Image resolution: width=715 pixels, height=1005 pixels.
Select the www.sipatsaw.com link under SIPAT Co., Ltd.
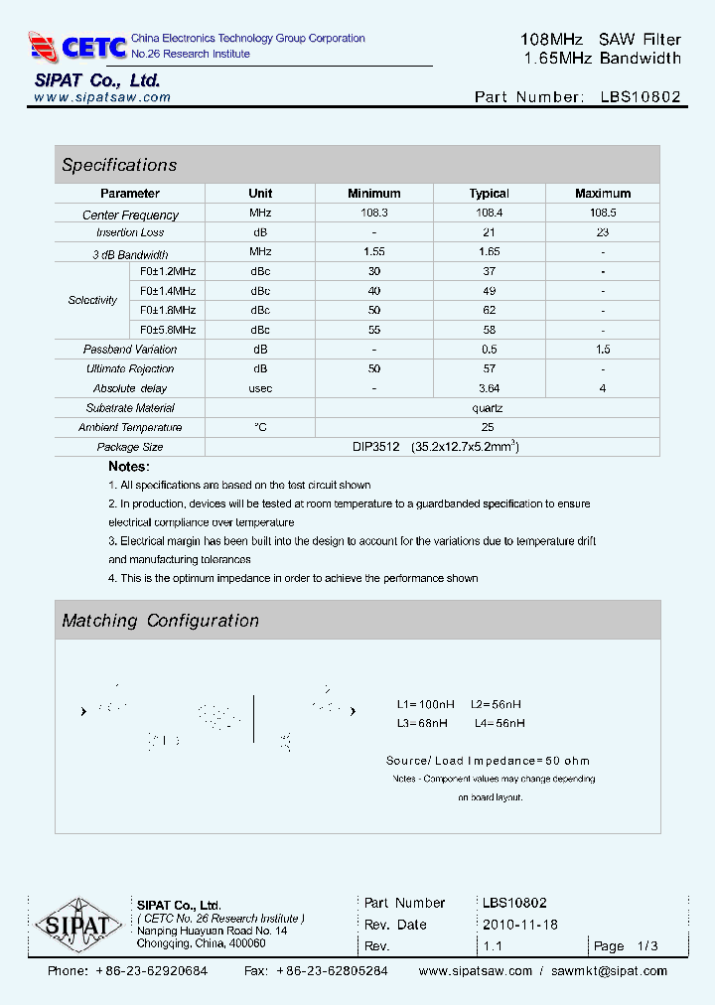[102, 97]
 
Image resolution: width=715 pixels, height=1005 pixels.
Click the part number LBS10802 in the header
[641, 97]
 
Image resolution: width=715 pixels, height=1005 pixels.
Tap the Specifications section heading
[119, 165]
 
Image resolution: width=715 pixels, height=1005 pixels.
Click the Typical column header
[489, 194]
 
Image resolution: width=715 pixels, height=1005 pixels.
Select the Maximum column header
[603, 194]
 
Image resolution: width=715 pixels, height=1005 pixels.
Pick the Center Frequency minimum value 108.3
[374, 214]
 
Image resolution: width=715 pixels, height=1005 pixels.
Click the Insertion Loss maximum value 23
[603, 232]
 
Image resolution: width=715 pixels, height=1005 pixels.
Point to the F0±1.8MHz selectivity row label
[168, 310]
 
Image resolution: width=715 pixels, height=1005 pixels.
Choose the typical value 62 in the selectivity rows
[489, 310]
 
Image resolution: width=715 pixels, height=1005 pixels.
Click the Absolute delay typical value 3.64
[489, 388]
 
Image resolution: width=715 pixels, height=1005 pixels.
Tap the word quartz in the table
[489, 408]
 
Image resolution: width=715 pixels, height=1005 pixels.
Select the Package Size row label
[130, 447]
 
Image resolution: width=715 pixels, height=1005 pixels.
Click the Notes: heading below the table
[129, 467]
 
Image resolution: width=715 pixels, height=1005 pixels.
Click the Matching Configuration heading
[160, 621]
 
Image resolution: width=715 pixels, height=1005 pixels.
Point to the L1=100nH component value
[425, 705]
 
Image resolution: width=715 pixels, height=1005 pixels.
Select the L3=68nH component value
[422, 724]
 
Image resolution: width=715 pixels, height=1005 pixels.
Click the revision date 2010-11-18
[520, 925]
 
